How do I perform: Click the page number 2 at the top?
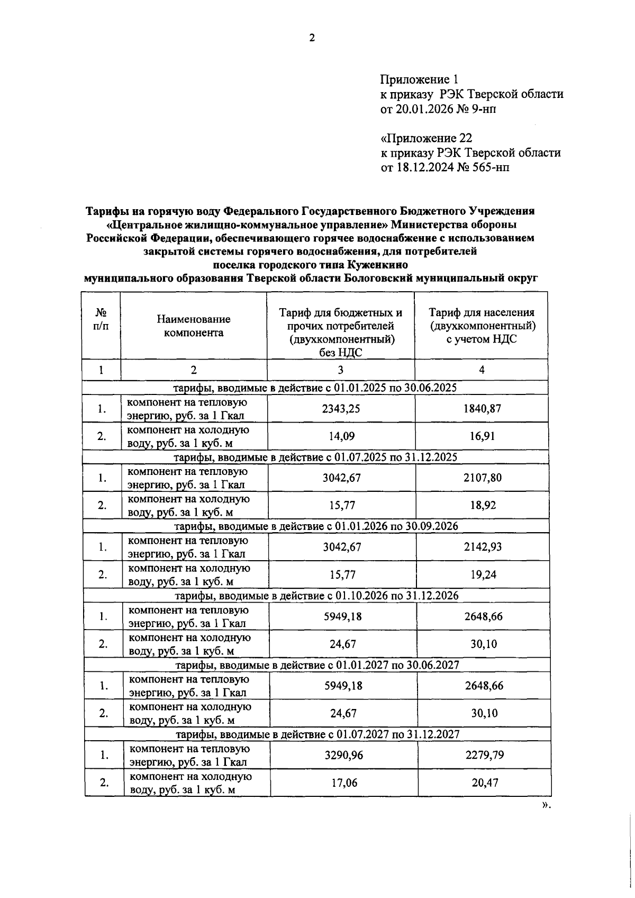pyautogui.click(x=312, y=38)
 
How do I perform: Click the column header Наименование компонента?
pyautogui.click(x=193, y=326)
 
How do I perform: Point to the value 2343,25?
pyautogui.click(x=341, y=409)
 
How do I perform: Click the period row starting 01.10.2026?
pyautogui.click(x=316, y=595)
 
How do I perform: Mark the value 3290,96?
pyautogui.click(x=343, y=755)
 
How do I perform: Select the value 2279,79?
pyautogui.click(x=484, y=755)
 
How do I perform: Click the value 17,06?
pyautogui.click(x=344, y=783)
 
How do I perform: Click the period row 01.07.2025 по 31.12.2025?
pyautogui.click(x=316, y=456)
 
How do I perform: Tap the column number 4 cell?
pyautogui.click(x=482, y=370)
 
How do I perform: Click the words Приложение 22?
pyautogui.click(x=427, y=138)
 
